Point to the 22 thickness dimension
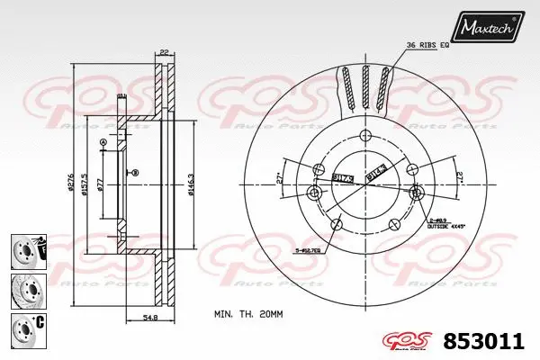pyautogui.click(x=163, y=51)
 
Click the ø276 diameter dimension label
pyautogui.click(x=72, y=185)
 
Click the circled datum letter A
pyautogui.click(x=103, y=143)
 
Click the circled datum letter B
pyautogui.click(x=133, y=173)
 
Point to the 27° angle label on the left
pyautogui.click(x=280, y=177)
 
